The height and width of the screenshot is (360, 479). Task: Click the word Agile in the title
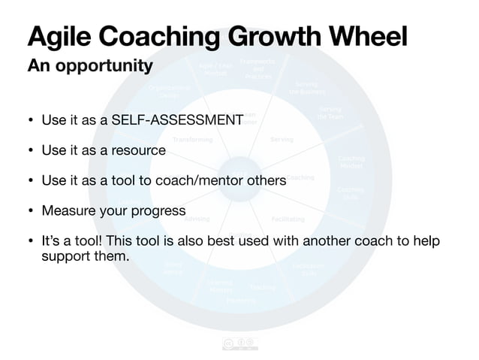(59, 36)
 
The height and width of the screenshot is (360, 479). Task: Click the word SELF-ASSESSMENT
(176, 120)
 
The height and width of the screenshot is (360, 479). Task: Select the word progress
(155, 210)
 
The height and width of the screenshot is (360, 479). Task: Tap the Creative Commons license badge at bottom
(239, 343)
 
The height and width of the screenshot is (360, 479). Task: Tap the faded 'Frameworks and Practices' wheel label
(258, 68)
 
